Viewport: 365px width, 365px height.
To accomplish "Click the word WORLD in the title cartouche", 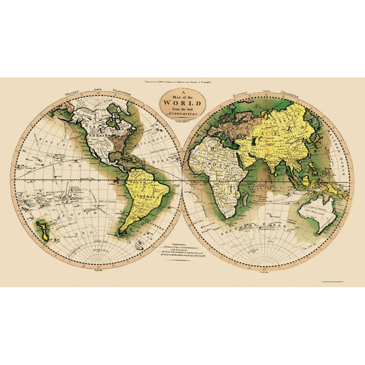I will [x=182, y=102].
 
